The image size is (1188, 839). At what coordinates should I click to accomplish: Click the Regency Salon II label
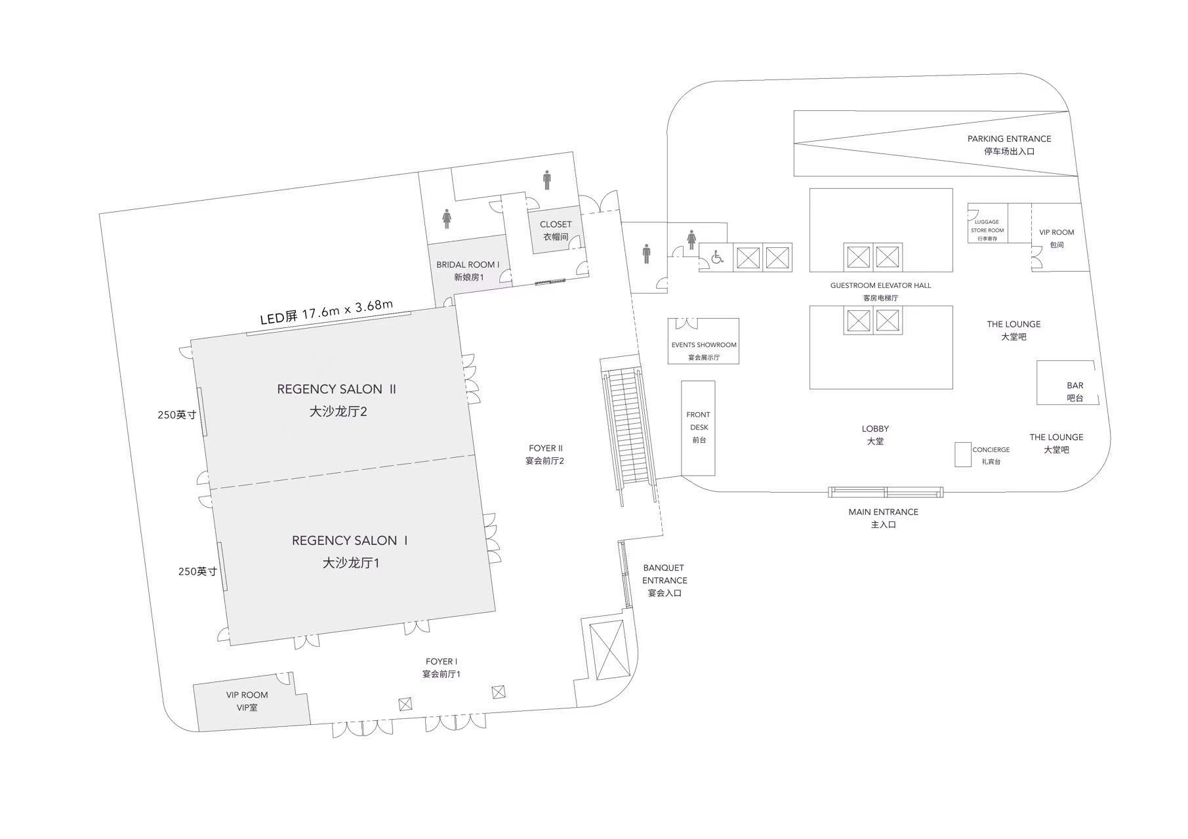click(x=337, y=400)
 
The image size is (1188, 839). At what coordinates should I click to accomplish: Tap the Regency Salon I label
click(x=350, y=551)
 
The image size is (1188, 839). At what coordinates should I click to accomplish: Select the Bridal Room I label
click(x=468, y=271)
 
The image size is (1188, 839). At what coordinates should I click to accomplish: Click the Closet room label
click(x=556, y=230)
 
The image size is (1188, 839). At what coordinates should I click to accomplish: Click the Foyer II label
click(x=545, y=454)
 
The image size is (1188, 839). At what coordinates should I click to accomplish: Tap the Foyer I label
click(x=441, y=668)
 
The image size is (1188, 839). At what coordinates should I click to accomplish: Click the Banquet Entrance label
click(x=665, y=580)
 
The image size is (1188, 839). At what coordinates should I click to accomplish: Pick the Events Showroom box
click(x=703, y=341)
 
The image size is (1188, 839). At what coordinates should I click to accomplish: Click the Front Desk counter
click(x=698, y=428)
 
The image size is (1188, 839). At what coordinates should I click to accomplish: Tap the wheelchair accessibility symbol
click(x=717, y=258)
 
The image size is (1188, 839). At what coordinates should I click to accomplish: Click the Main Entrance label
click(x=883, y=518)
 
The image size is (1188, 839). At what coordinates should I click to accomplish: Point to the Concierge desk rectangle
click(x=962, y=455)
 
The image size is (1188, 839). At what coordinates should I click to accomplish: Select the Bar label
click(x=1075, y=391)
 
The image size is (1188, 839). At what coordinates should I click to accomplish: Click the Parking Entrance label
click(x=1009, y=144)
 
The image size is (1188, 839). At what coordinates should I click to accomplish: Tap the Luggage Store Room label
click(x=987, y=230)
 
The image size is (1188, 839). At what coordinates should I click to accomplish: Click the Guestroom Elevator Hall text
click(x=880, y=291)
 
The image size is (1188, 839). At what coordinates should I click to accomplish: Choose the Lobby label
click(x=875, y=434)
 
